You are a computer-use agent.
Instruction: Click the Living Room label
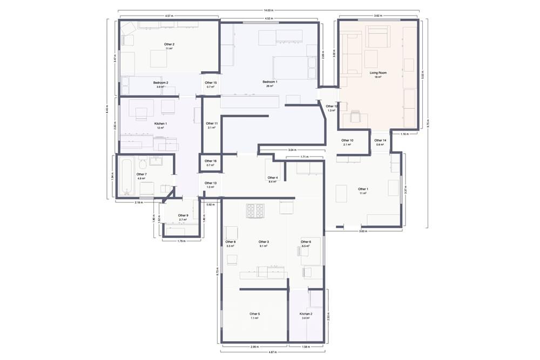point(378,72)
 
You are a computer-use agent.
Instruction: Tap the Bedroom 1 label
point(270,81)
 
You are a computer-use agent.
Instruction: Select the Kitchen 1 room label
point(160,124)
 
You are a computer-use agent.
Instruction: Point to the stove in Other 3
point(255,210)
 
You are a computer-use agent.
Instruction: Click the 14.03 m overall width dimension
point(268,10)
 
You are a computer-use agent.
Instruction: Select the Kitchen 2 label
point(306,314)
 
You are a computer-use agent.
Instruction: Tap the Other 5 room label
point(254,314)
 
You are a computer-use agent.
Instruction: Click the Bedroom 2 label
point(160,83)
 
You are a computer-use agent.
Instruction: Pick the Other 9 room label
point(183,215)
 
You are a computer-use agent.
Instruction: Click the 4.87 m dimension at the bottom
point(273,352)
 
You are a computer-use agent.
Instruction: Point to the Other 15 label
point(211,83)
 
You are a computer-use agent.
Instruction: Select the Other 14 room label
point(380,140)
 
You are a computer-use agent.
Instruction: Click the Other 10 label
point(347,140)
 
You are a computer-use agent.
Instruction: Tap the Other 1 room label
point(363,189)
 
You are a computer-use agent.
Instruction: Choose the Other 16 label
point(211,161)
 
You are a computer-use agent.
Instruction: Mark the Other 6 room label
point(306,242)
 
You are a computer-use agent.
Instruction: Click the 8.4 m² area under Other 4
point(273,182)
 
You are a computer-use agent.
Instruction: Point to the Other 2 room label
point(169,44)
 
